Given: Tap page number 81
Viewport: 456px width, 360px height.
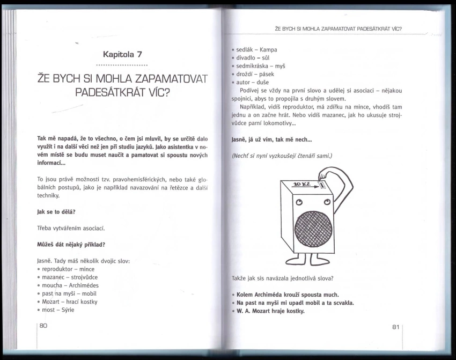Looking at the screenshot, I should [396, 327].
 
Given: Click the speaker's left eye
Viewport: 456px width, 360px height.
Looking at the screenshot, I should [299, 202].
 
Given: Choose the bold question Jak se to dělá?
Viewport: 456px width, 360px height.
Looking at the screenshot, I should [56, 212].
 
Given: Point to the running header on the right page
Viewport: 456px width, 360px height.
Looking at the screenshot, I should [338, 28].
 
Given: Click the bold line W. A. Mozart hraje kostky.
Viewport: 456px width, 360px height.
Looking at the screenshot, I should [270, 311].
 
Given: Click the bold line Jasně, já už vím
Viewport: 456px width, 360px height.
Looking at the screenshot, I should [271, 139].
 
